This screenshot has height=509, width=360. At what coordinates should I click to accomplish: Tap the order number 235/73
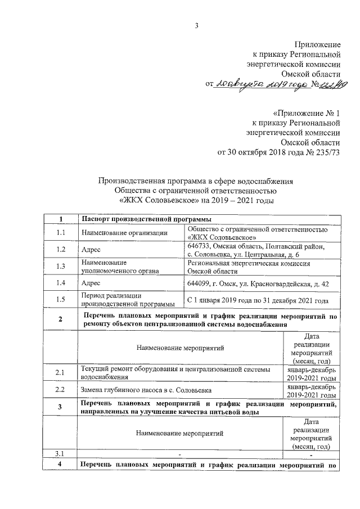330,152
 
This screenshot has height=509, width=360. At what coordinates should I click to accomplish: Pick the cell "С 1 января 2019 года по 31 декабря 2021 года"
257,301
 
